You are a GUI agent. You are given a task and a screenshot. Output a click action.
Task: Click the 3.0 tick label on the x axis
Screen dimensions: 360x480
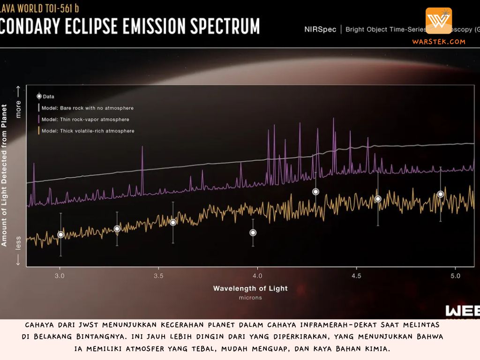(60, 276)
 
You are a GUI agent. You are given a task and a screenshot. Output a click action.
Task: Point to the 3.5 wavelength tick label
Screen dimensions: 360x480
(158, 276)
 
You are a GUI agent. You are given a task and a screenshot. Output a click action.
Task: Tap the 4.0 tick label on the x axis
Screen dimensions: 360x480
(257, 276)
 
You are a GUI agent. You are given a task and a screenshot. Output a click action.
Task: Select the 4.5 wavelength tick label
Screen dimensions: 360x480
(356, 276)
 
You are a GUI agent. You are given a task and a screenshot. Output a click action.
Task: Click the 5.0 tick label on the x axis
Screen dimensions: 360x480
(455, 276)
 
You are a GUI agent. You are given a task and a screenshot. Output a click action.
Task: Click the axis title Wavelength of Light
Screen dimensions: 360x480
(250, 288)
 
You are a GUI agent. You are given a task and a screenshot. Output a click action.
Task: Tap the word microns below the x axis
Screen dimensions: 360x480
(250, 298)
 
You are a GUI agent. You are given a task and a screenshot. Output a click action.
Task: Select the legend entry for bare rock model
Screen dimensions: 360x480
(87, 108)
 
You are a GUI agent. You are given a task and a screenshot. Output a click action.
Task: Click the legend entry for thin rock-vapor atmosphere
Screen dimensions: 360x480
(85, 120)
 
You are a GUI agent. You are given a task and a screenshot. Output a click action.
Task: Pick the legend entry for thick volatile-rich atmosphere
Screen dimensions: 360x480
(88, 131)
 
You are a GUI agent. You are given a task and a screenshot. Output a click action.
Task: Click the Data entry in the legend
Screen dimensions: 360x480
(48, 97)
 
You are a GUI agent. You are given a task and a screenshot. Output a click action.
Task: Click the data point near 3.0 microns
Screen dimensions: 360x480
(60, 234)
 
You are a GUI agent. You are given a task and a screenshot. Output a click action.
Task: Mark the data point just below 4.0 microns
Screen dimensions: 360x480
(253, 232)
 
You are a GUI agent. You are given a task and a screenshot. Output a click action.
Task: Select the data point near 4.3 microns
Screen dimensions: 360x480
(315, 192)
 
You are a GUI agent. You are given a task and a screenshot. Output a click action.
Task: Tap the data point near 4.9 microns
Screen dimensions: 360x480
(440, 194)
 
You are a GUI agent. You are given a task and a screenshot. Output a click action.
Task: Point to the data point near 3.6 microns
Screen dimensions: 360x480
(173, 222)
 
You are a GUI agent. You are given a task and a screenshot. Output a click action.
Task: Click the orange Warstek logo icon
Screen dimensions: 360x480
(439, 21)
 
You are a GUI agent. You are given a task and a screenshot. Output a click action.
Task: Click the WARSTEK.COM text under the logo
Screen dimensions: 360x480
(439, 42)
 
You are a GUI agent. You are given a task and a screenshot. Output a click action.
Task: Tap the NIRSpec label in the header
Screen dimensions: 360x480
(320, 30)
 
